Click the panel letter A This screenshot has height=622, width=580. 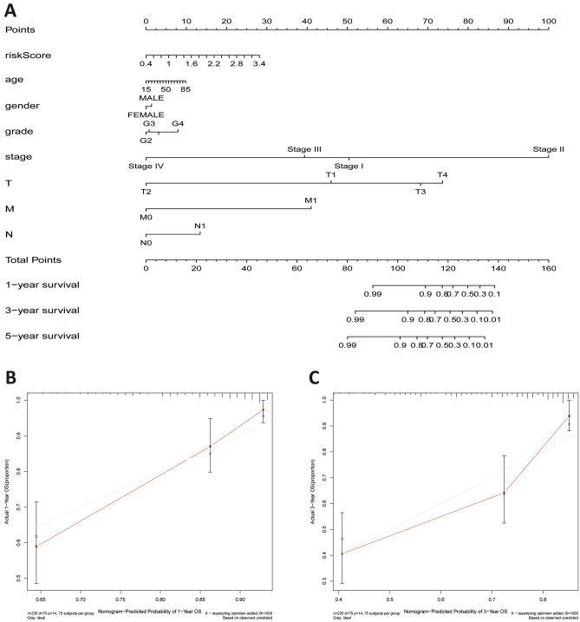(x=11, y=10)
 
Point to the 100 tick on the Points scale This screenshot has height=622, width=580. (x=548, y=19)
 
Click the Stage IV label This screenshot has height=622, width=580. (x=146, y=166)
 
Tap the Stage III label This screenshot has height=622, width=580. (x=304, y=149)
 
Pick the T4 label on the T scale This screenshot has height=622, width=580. (x=442, y=175)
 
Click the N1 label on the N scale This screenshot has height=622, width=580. (x=199, y=226)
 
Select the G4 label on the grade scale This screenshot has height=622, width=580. (x=178, y=124)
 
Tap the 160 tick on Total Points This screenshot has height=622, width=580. (x=548, y=270)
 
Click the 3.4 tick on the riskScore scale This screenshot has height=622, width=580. (x=258, y=64)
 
